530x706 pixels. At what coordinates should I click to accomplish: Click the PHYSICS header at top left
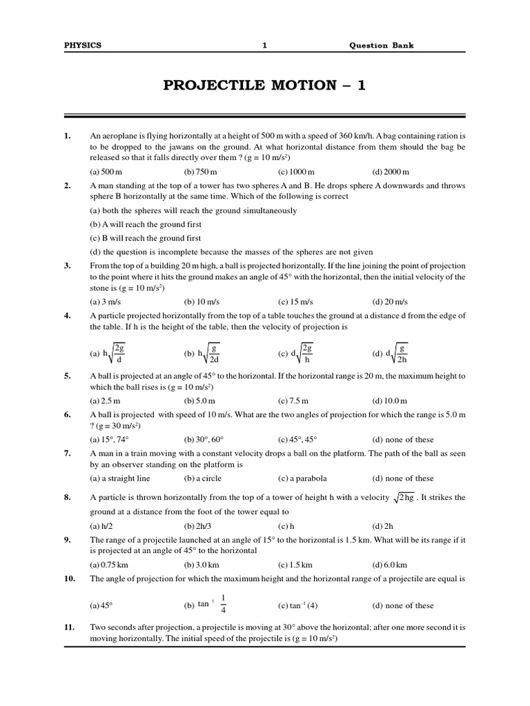click(x=82, y=46)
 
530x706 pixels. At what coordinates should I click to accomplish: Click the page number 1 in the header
click(x=264, y=46)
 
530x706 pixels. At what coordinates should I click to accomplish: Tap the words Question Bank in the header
click(x=382, y=46)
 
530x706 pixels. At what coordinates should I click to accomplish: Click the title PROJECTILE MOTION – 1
click(x=264, y=85)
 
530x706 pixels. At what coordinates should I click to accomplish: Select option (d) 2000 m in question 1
click(x=391, y=172)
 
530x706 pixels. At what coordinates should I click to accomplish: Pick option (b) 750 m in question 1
click(x=201, y=172)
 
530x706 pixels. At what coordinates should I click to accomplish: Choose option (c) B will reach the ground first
click(x=146, y=238)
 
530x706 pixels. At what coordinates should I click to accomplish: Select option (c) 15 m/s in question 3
click(x=296, y=301)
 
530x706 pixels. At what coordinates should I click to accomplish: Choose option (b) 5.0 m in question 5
click(x=199, y=401)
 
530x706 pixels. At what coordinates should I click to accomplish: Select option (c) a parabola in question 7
click(x=302, y=478)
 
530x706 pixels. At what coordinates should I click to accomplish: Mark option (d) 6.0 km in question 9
click(x=390, y=565)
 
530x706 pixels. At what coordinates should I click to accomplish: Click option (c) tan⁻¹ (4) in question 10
click(x=297, y=605)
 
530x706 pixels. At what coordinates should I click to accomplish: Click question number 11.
click(x=68, y=628)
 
